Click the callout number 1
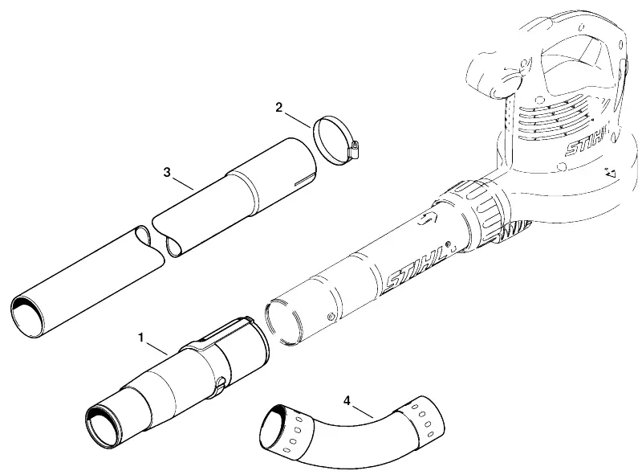141,338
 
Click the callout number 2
278,108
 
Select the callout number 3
167,172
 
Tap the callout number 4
347,400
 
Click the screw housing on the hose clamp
354,150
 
